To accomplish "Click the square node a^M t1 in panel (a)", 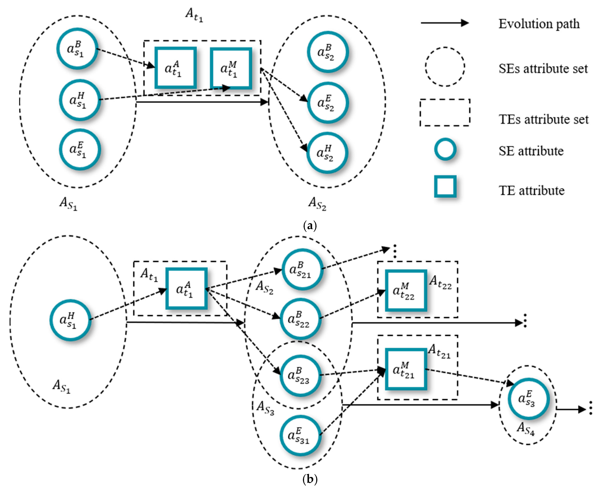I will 231,68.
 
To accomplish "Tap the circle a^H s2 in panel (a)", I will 327,153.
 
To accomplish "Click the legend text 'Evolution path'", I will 539,24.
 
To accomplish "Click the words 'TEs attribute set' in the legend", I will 543,119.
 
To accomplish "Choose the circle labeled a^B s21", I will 302,269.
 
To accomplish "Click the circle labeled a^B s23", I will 300,375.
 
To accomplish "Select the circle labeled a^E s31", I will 300,435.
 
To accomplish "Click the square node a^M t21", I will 406,369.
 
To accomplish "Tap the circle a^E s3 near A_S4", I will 528,399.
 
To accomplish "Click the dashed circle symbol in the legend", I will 445,67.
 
